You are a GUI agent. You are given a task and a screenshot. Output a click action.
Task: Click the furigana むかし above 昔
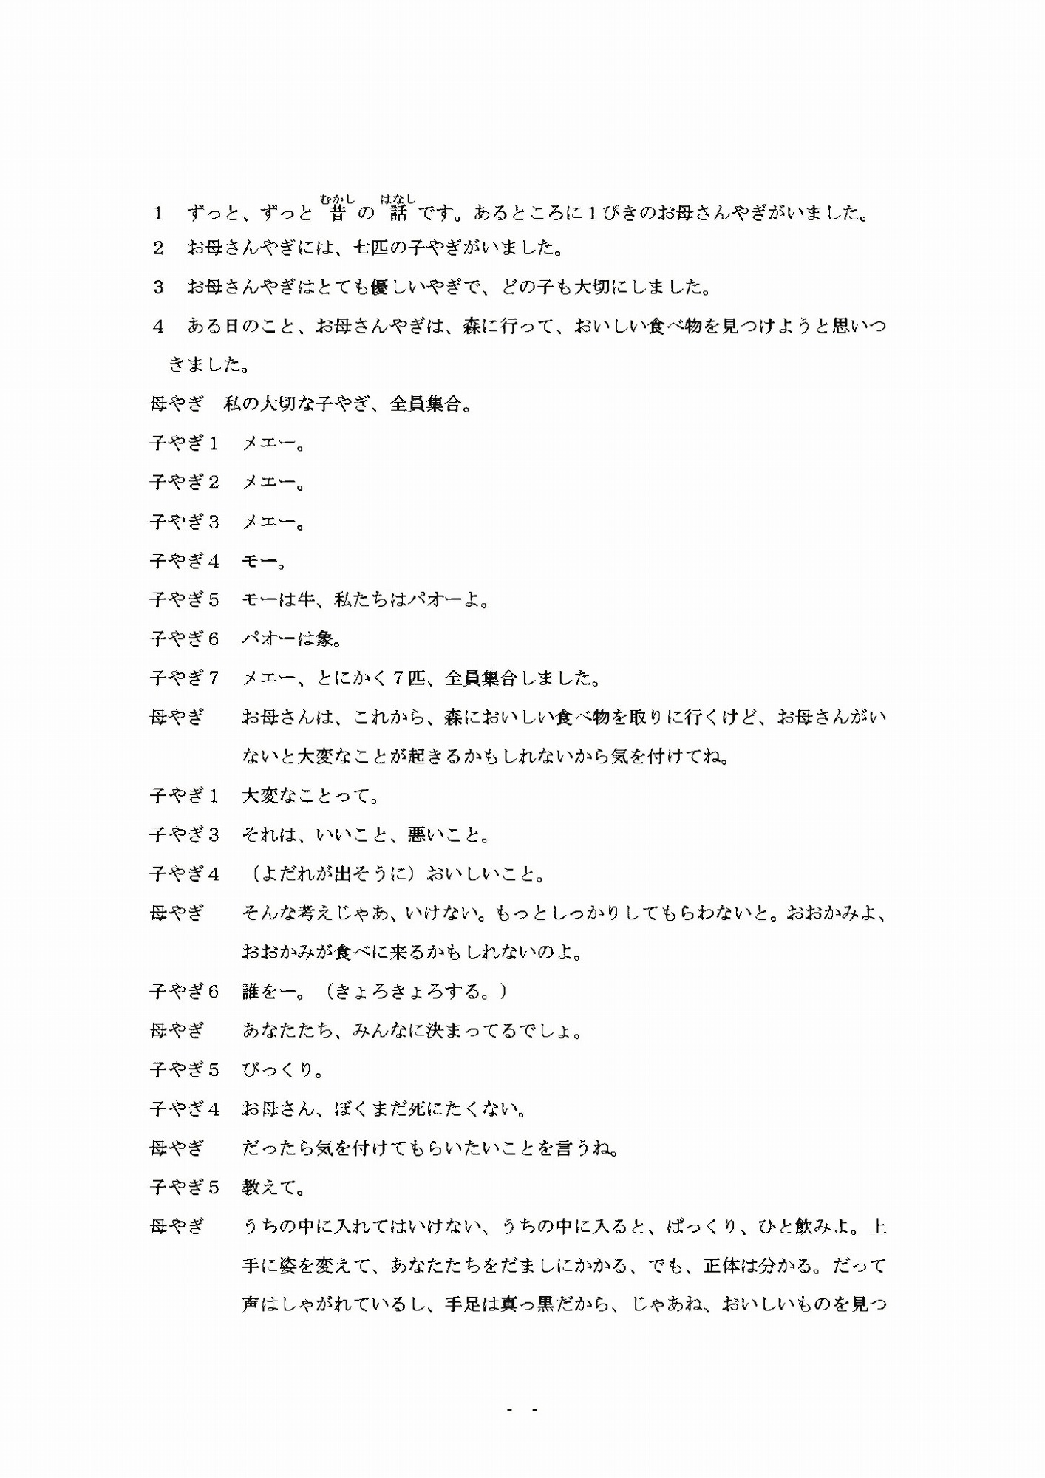(x=338, y=199)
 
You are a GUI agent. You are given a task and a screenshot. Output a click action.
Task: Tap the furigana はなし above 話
(x=398, y=199)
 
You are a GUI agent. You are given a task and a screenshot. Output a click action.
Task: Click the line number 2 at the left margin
(x=158, y=248)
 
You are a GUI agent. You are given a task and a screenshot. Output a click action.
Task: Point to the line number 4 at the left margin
(x=158, y=327)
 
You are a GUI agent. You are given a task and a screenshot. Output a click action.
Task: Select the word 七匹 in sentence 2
(x=371, y=248)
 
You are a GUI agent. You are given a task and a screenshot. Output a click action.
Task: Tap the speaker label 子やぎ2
(x=185, y=483)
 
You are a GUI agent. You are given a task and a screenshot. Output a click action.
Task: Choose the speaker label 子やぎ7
(x=185, y=678)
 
